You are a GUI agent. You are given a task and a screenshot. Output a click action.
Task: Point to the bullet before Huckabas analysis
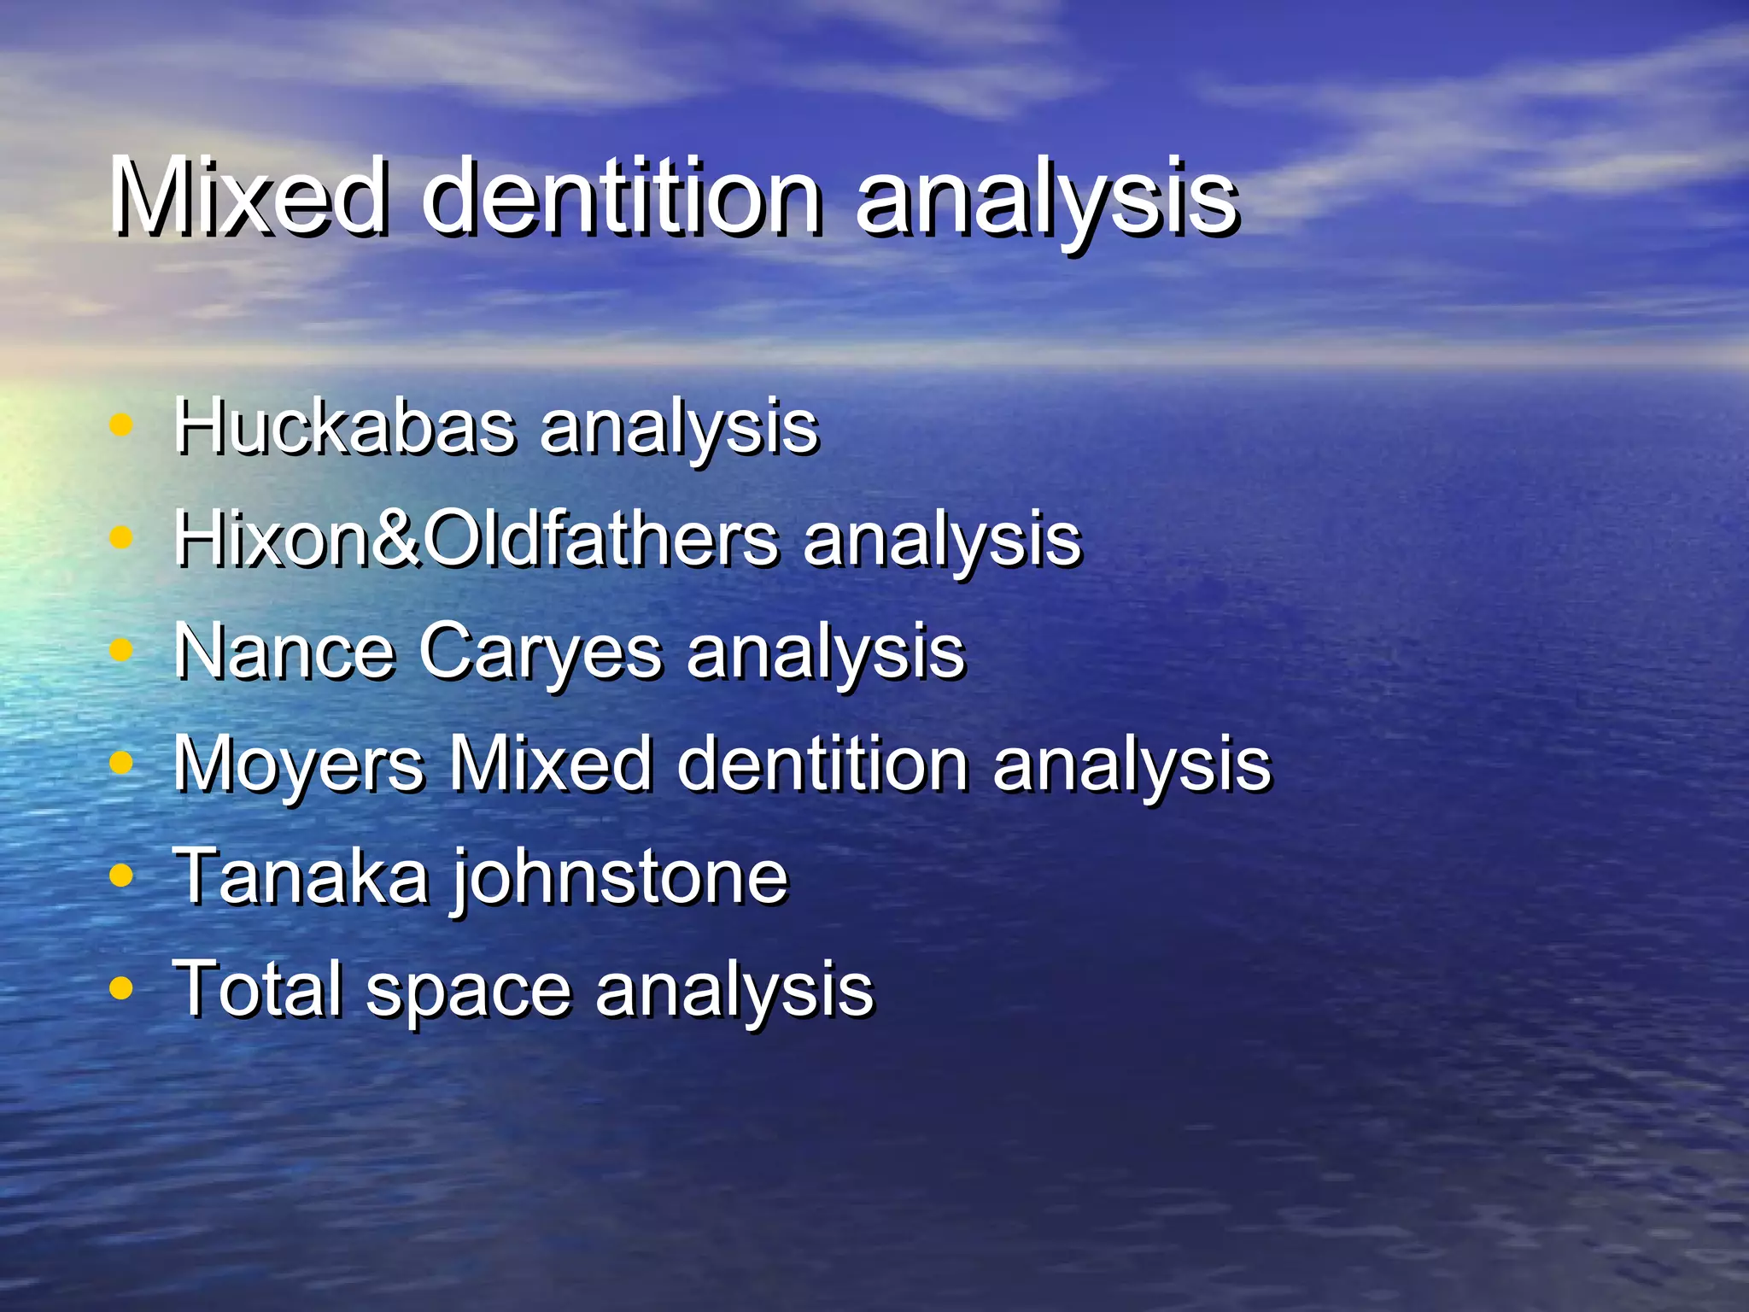(x=122, y=425)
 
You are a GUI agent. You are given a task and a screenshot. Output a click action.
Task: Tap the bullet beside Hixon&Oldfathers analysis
(x=122, y=537)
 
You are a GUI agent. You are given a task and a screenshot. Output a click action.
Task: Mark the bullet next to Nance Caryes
(x=122, y=650)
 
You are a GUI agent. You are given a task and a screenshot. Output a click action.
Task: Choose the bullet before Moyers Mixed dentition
(x=122, y=762)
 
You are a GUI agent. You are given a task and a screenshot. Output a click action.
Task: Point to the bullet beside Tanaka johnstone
(x=122, y=875)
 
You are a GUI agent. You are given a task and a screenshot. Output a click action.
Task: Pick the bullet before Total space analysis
(x=122, y=987)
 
